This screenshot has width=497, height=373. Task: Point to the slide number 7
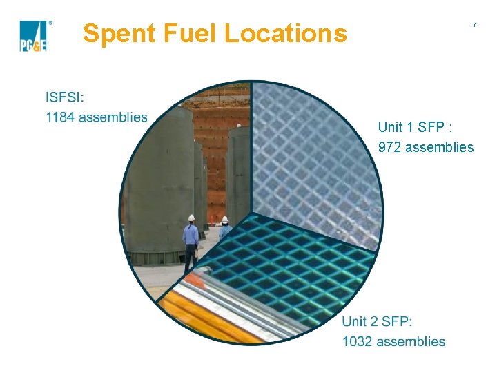tap(474, 26)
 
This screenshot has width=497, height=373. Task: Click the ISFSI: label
tap(65, 97)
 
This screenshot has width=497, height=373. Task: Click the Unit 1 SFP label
tap(415, 127)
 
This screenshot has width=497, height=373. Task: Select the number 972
tap(390, 147)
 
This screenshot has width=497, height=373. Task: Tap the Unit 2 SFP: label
tap(377, 321)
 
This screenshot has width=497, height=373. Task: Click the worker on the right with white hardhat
tap(224, 229)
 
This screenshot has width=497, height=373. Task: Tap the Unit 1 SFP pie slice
tap(311, 159)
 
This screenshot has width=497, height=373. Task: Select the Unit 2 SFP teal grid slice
tap(290, 269)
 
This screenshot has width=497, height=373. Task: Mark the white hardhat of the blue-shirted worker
tap(191, 218)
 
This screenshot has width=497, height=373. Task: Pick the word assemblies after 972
tap(440, 147)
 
